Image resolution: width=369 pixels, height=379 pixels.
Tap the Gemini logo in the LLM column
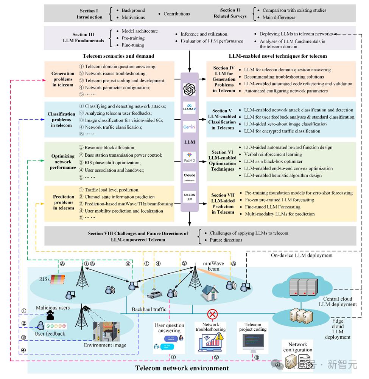189,127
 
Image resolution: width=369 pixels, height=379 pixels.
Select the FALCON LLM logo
189,197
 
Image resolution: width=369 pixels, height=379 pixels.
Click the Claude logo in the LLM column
189,177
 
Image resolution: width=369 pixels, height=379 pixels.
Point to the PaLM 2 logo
189,156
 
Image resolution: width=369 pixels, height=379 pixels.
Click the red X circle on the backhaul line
213,313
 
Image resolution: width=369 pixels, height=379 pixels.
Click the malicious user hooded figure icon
50,316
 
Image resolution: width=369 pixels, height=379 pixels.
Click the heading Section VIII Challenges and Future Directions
138,236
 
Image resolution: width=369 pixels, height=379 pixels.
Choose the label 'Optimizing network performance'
63,162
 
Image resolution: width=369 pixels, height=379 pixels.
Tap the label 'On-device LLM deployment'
302,256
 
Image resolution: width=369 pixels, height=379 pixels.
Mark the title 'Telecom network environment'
182,368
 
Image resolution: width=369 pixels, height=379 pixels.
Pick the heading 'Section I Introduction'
89,14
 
